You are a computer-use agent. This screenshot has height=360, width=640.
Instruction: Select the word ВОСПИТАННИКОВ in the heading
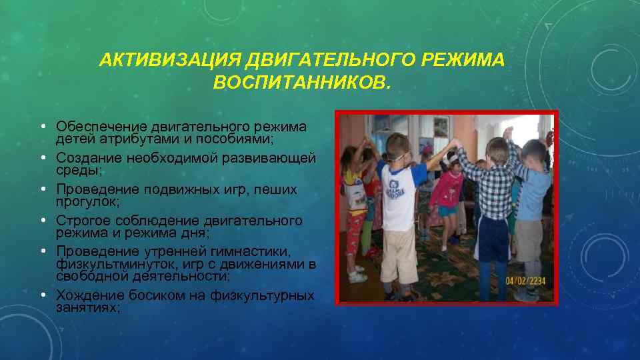click(x=298, y=84)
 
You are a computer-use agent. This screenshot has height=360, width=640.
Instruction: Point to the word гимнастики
click(x=255, y=252)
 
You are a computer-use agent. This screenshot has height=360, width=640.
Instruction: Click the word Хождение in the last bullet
click(x=87, y=295)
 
